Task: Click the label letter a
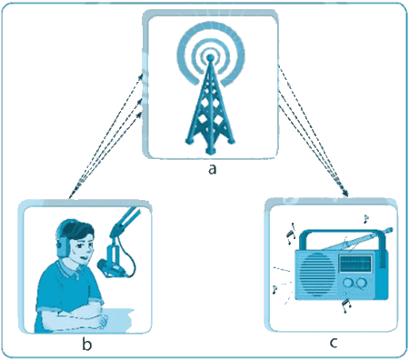tap(213, 169)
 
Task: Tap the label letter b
tap(86, 344)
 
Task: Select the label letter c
tap(334, 343)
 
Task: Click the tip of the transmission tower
tap(210, 56)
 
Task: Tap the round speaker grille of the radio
tap(317, 275)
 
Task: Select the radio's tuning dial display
tap(355, 263)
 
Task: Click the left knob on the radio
tap(348, 283)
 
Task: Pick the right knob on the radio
tap(362, 283)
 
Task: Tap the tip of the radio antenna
tap(390, 230)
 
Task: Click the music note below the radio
tap(346, 305)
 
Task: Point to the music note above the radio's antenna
tap(366, 218)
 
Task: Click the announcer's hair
tap(77, 229)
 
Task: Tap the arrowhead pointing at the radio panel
tap(345, 194)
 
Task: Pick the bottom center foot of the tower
tap(210, 151)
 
